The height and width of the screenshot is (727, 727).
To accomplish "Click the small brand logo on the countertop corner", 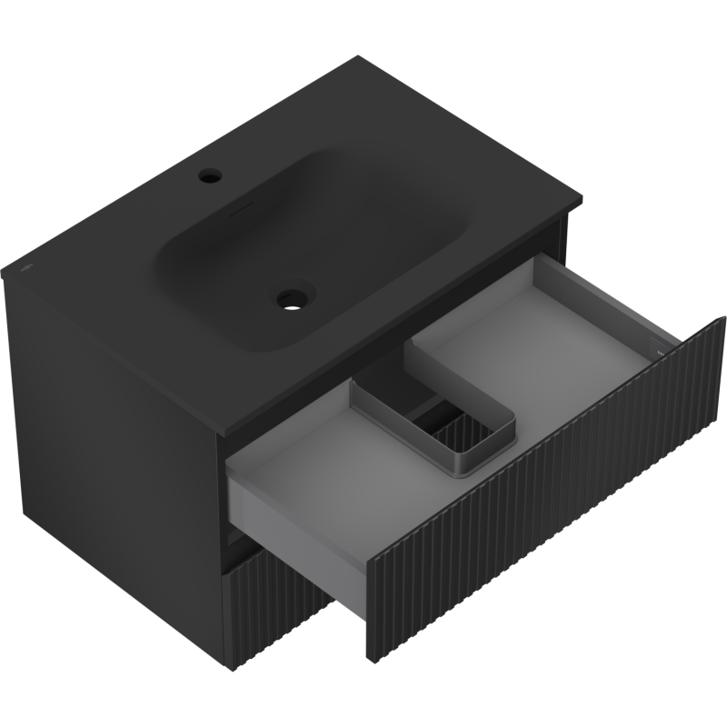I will coord(26,269).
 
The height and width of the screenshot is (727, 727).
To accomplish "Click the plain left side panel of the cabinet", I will coord(109,454).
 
